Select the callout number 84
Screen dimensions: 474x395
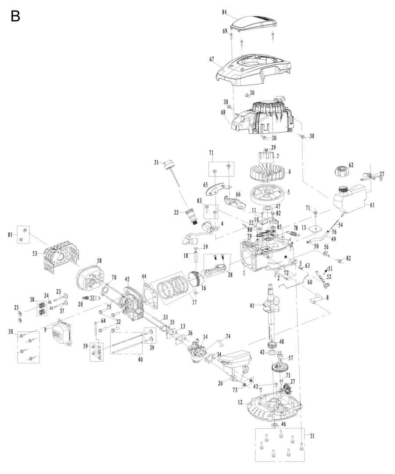[224, 12]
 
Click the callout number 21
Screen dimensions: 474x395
[156, 162]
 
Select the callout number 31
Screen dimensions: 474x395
[312, 436]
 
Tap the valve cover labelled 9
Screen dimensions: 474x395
[61, 333]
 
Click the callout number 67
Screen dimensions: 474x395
[212, 59]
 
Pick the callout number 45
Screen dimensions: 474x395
[127, 279]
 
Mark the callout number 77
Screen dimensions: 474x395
[381, 174]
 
